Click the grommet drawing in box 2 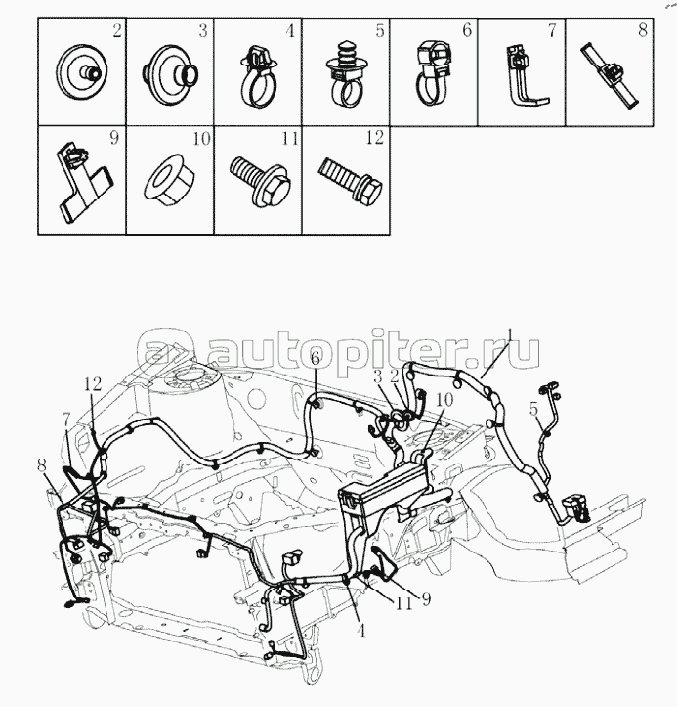click(x=81, y=70)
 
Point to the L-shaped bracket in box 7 click(x=527, y=75)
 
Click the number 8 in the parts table click(x=643, y=29)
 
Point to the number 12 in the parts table click(x=375, y=137)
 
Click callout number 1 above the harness click(x=510, y=333)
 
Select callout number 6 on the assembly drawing click(x=315, y=359)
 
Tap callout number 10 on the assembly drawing click(x=444, y=400)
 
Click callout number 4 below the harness click(x=360, y=630)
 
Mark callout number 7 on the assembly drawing click(x=66, y=422)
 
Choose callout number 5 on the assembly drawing click(x=533, y=409)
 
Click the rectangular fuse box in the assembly click(x=383, y=489)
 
